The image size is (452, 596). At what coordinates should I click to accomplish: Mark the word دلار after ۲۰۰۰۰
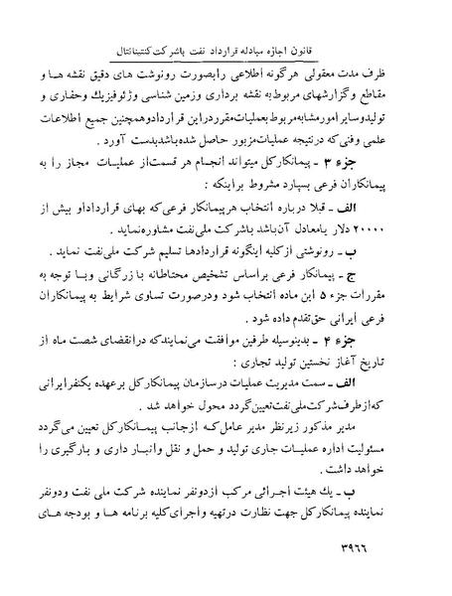point(365,223)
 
